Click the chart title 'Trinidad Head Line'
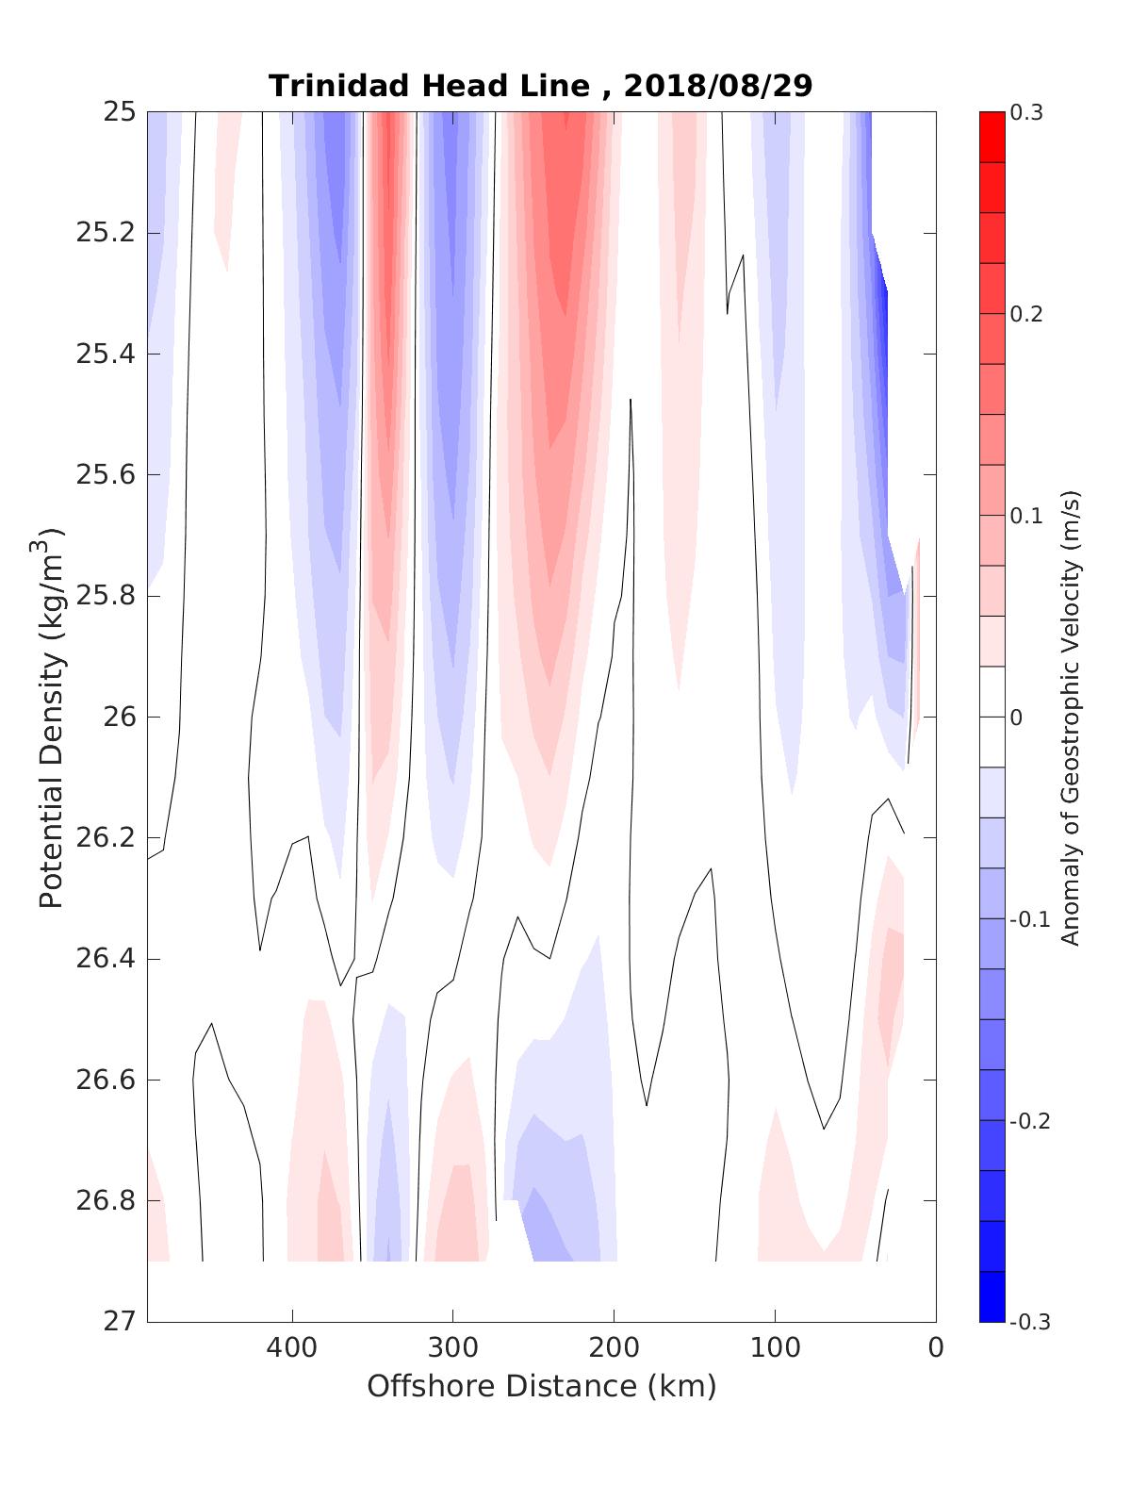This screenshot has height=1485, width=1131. click(x=430, y=86)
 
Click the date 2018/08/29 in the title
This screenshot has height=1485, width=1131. click(x=717, y=86)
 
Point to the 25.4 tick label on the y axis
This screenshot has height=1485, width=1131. click(x=105, y=355)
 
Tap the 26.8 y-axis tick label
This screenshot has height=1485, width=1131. click(x=105, y=1201)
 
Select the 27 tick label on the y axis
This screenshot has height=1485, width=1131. click(x=120, y=1322)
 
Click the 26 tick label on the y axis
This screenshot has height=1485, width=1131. click(x=120, y=718)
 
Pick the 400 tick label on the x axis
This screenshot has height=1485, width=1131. click(x=291, y=1348)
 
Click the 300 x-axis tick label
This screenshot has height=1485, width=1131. click(x=452, y=1348)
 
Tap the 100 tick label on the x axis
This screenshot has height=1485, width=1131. click(x=775, y=1348)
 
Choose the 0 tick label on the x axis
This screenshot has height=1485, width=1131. click(x=935, y=1348)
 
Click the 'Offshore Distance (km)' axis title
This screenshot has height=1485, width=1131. click(x=541, y=1387)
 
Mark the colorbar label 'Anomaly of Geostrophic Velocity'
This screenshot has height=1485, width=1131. click(x=1070, y=718)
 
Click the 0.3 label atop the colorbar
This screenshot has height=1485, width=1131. click(x=1026, y=113)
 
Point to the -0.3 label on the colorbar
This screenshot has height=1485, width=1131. click(x=1029, y=1322)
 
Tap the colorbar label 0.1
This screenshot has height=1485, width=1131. click(x=1026, y=516)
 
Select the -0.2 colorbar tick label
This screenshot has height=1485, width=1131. click(x=1029, y=1121)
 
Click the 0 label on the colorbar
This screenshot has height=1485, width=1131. click(x=1016, y=718)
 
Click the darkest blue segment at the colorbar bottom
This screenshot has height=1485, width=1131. click(x=992, y=1296)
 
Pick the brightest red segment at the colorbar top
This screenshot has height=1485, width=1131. click(x=992, y=137)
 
